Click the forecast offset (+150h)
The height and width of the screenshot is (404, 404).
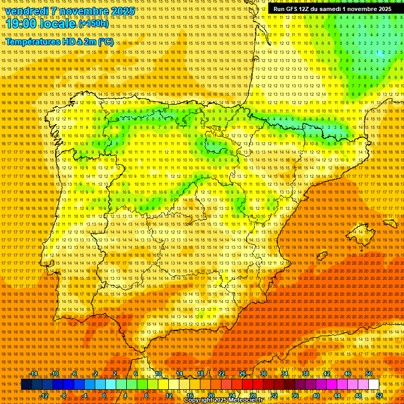[94, 24]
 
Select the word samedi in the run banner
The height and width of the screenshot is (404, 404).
[331, 9]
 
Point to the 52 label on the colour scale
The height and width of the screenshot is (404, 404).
[379, 396]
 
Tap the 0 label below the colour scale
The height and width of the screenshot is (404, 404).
[104, 396]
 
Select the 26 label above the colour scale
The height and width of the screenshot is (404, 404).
[242, 373]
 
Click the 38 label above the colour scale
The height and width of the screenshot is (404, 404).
[305, 373]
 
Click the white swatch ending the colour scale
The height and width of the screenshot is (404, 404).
[373, 385]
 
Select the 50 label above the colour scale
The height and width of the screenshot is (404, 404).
[368, 373]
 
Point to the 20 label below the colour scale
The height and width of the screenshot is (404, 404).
[210, 396]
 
